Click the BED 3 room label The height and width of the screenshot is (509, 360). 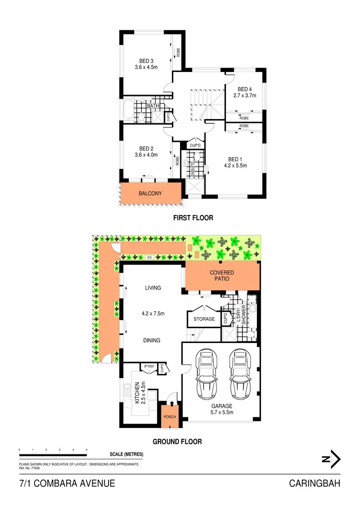(x=146, y=61)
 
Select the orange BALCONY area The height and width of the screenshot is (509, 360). (x=150, y=194)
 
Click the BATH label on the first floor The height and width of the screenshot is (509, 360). (x=153, y=106)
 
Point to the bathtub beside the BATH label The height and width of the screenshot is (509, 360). (x=128, y=110)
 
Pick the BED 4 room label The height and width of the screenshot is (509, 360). (x=245, y=89)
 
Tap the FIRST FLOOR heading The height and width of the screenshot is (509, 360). (x=193, y=218)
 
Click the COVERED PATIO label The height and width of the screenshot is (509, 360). (x=222, y=276)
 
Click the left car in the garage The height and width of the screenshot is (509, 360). (x=206, y=372)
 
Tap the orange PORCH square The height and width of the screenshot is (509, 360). (x=170, y=416)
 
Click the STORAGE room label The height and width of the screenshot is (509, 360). (x=204, y=319)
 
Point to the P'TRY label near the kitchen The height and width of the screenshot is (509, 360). (x=149, y=367)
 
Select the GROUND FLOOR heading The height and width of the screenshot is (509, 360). (x=177, y=441)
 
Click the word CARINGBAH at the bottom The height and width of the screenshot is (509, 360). (x=315, y=483)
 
